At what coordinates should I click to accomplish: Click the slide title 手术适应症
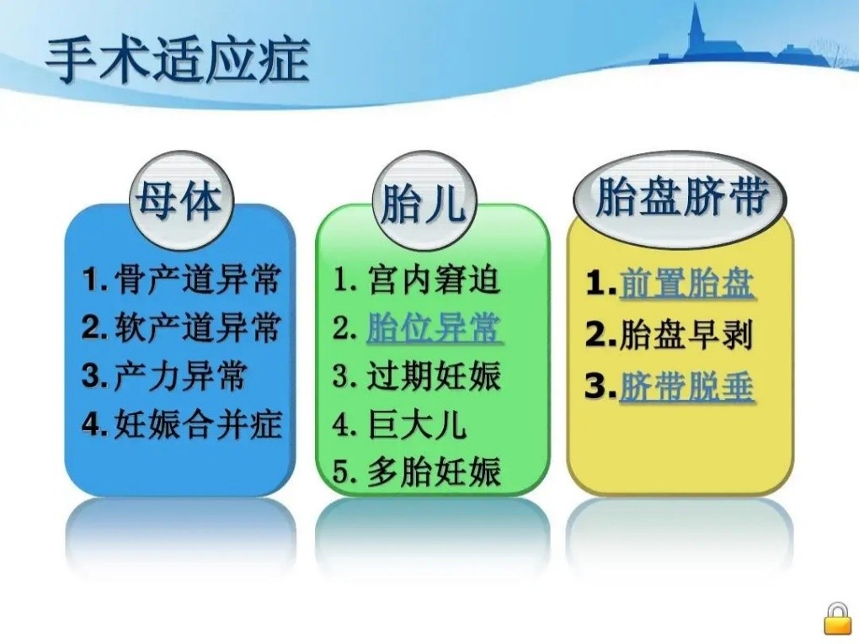[x=177, y=60]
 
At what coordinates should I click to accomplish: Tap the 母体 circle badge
[x=179, y=200]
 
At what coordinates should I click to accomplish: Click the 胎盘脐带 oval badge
[x=680, y=198]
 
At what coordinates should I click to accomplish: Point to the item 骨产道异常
[x=197, y=279]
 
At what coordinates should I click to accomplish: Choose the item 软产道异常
[x=197, y=327]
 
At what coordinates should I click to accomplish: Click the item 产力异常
[x=179, y=376]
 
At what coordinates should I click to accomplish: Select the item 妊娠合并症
[x=197, y=424]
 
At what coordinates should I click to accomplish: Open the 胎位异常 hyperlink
[x=434, y=328]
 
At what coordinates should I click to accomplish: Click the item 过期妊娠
[x=434, y=376]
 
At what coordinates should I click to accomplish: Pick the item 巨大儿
[x=416, y=424]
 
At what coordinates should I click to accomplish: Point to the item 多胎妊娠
[x=434, y=472]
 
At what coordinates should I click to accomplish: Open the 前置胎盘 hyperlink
[x=686, y=285]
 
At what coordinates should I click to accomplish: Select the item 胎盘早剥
[x=686, y=335]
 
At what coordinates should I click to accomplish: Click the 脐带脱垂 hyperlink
[x=686, y=386]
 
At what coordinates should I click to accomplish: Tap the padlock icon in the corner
[x=837, y=619]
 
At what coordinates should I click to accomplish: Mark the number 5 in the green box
[x=341, y=472]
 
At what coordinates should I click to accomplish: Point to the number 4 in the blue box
[x=92, y=424]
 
